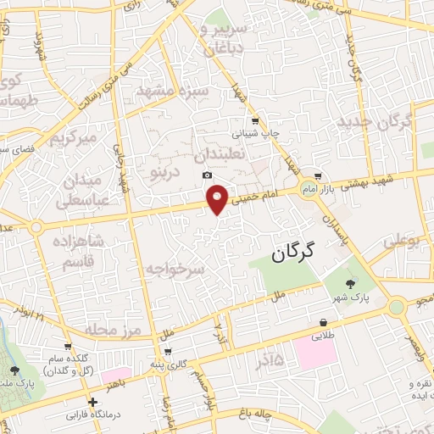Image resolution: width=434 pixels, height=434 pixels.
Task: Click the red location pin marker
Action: coord(218,198)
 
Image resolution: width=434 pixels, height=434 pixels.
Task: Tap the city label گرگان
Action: coord(293,252)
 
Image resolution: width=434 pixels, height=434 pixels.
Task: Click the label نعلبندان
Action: coord(223,156)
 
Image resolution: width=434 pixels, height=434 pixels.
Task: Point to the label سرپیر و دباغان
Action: coord(223,39)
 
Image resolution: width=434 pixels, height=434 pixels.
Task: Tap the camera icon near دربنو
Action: coord(207,175)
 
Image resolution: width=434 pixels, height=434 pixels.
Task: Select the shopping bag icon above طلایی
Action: coord(324,323)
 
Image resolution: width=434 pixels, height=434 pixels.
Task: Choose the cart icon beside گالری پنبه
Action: coord(167,351)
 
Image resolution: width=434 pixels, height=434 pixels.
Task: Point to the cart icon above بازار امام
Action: coord(317,175)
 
